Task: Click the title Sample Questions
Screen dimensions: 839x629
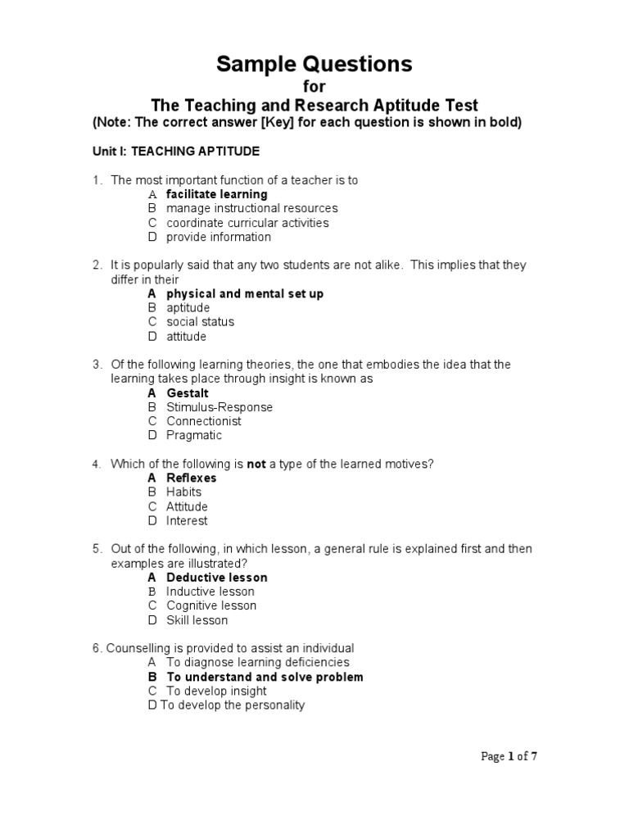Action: [x=314, y=65]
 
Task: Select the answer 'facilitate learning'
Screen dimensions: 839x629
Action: [x=216, y=194]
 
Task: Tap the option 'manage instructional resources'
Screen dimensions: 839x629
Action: [x=251, y=208]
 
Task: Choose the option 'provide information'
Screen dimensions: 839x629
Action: [x=218, y=237]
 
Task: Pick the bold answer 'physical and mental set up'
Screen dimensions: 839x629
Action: [x=245, y=293]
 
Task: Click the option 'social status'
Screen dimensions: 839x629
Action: [x=200, y=322]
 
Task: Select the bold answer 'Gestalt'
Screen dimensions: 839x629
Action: [x=188, y=393]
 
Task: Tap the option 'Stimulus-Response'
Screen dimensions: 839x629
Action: [x=219, y=407]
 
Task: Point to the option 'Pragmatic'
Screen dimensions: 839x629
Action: [x=194, y=435]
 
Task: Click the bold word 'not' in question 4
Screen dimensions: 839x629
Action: [x=256, y=464]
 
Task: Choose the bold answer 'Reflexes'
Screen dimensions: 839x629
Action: [x=192, y=478]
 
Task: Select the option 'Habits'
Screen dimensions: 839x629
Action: [x=183, y=492]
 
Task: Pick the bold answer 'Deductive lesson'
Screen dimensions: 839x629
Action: [x=216, y=578]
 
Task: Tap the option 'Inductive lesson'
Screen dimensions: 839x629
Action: [x=210, y=592]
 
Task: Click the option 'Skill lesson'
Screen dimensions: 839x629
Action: [x=197, y=620]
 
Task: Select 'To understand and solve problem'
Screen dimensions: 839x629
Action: [x=265, y=677]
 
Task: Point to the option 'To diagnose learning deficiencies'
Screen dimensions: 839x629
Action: [x=257, y=662]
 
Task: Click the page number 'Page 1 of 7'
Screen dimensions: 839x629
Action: [x=509, y=756]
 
